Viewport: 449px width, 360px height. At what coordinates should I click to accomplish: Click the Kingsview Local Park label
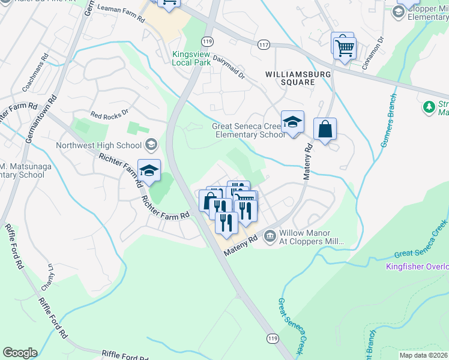click(191, 58)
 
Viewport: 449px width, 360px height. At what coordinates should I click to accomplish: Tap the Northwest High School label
click(98, 145)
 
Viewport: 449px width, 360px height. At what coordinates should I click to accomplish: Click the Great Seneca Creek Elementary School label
click(249, 130)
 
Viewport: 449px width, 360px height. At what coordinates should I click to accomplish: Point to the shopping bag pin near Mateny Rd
click(325, 130)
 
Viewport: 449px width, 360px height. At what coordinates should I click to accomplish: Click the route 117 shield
click(263, 45)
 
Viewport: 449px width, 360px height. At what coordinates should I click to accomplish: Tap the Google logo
click(20, 353)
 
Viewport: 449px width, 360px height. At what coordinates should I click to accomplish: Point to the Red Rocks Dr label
click(109, 113)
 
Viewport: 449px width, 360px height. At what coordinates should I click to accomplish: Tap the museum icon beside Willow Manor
click(270, 236)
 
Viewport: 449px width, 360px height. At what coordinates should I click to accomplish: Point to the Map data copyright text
click(424, 355)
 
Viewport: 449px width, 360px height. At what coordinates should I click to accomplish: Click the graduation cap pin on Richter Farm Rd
click(149, 170)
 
